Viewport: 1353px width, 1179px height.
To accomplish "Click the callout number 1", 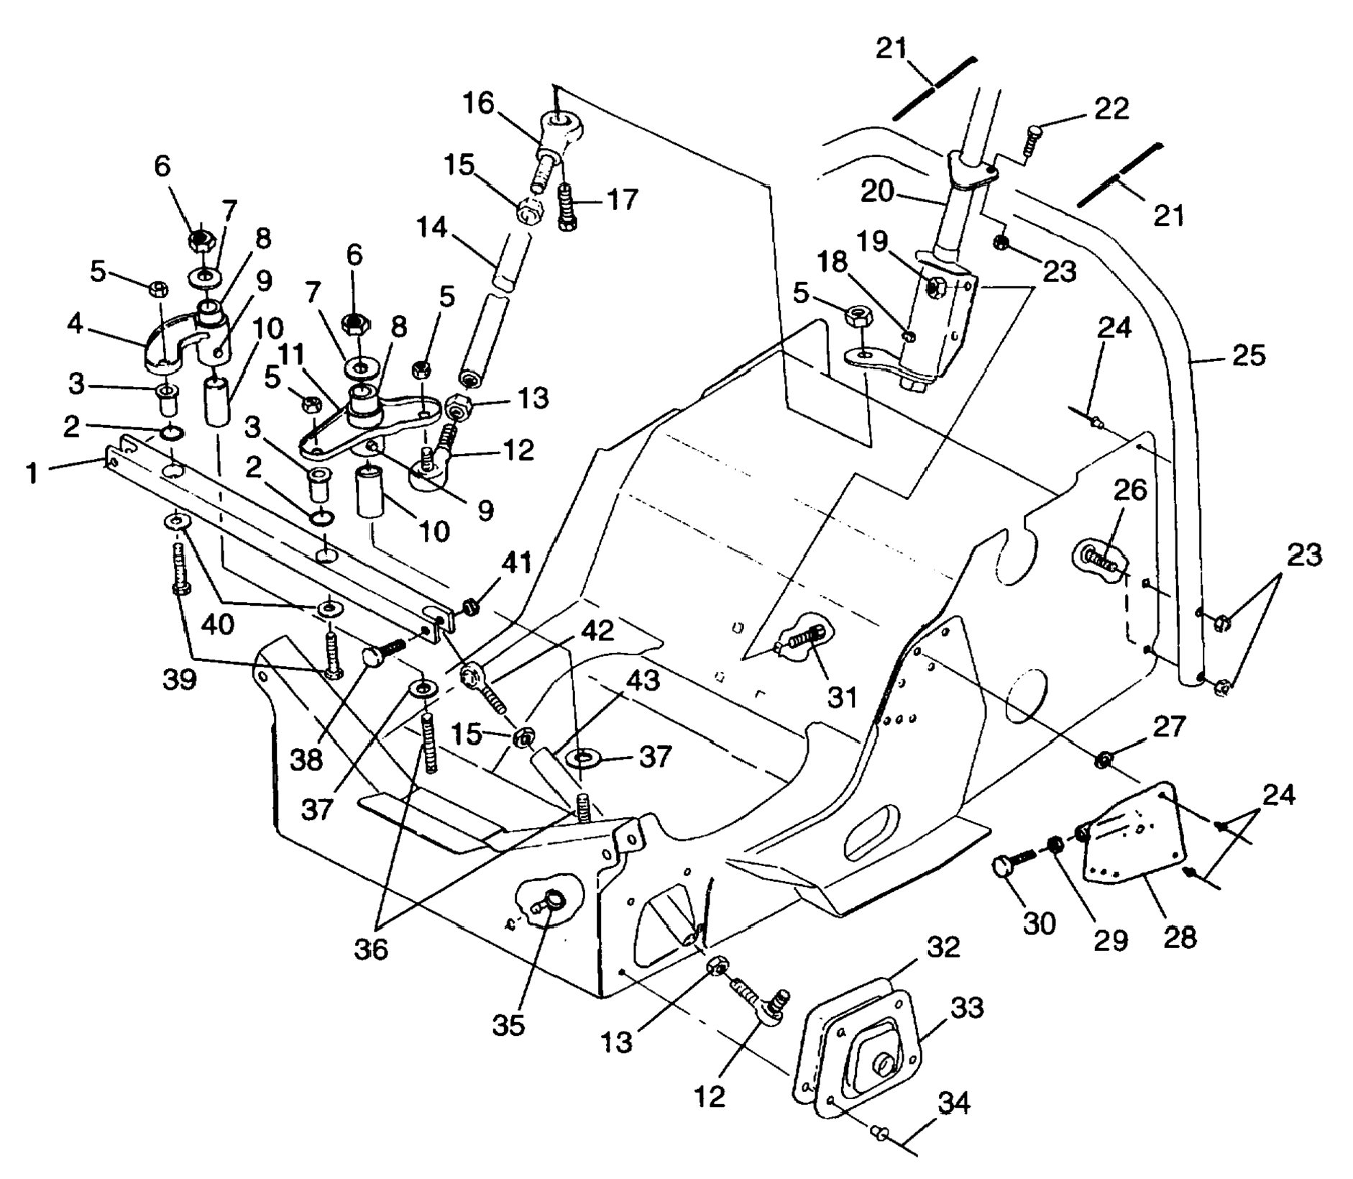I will [x=32, y=473].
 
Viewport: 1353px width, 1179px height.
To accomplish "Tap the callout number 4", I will [x=75, y=323].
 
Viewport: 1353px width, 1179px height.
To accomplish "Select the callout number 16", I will [x=478, y=103].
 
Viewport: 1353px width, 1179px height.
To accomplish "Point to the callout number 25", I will [x=1248, y=355].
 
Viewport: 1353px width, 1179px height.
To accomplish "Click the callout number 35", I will [x=508, y=1025].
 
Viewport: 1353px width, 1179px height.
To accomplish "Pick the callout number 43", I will [x=642, y=680].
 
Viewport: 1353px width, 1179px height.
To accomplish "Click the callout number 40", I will [x=218, y=624].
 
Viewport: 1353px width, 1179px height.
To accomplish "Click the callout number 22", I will [x=1111, y=108].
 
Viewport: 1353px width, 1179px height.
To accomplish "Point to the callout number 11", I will [x=291, y=354].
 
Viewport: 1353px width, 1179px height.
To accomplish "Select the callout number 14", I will [x=431, y=229].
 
